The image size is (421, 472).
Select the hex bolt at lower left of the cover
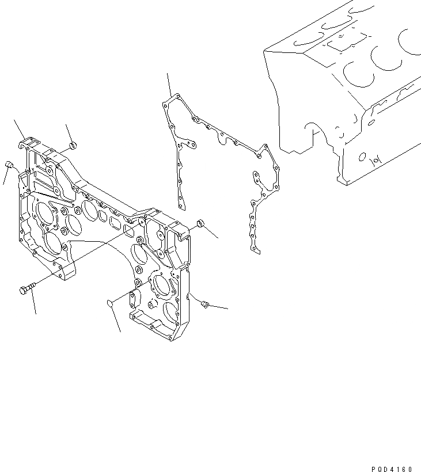(26, 288)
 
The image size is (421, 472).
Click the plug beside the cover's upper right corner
(200, 223)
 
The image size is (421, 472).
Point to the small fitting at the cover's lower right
(204, 304)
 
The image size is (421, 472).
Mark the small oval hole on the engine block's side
(363, 156)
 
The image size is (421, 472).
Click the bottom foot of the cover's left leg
(66, 280)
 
